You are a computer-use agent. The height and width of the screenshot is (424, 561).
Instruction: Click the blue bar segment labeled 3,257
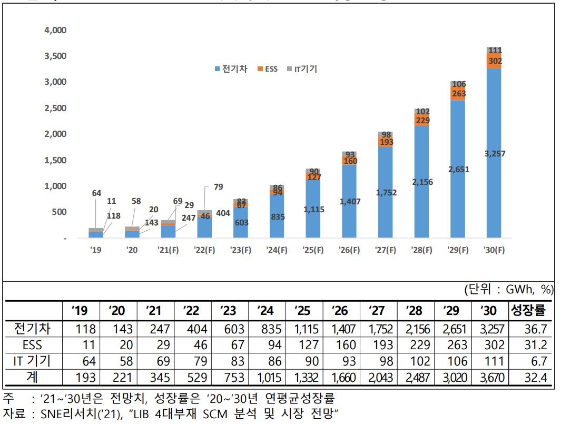494,153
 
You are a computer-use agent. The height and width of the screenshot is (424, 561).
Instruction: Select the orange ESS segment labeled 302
494,61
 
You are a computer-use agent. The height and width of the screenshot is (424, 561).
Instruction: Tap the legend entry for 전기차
231,70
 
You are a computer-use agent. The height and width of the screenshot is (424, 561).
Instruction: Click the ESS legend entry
268,70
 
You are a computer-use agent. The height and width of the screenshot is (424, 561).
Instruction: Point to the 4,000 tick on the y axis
55,30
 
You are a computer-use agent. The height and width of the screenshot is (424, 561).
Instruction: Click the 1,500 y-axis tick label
55,160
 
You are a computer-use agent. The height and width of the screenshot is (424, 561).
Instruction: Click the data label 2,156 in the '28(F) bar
421,182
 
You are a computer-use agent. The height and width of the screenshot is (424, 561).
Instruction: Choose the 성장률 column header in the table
530,310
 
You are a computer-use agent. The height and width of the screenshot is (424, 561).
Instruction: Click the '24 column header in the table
265,310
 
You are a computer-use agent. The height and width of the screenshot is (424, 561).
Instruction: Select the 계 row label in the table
32,378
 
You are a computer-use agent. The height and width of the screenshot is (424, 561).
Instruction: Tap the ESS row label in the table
32,345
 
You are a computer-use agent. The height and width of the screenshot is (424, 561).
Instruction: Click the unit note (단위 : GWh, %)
508,289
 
